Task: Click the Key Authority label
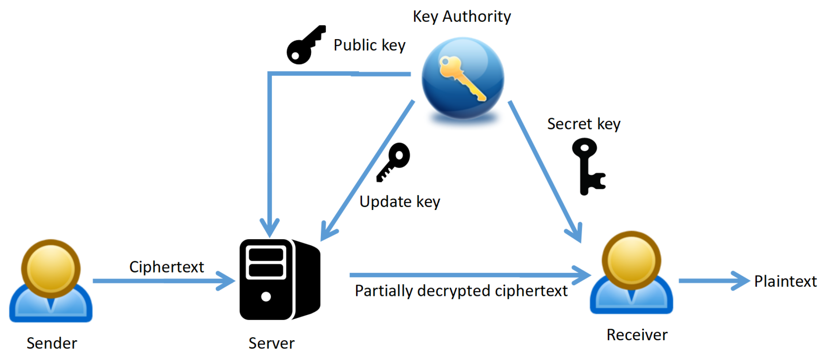point(462,16)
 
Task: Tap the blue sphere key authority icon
point(463,79)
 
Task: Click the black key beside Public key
point(305,46)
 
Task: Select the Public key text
point(370,45)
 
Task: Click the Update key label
point(400,202)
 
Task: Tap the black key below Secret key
point(587,166)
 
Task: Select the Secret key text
point(584,124)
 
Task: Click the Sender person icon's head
point(51,268)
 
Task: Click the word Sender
point(52,343)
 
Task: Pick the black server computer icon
point(280,280)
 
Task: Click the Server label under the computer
point(271,343)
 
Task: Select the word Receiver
point(637,335)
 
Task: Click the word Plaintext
point(785,281)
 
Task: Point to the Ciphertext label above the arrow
point(166,267)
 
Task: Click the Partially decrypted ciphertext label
point(461,291)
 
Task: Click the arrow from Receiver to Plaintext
point(713,281)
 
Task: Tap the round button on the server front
point(266,297)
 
